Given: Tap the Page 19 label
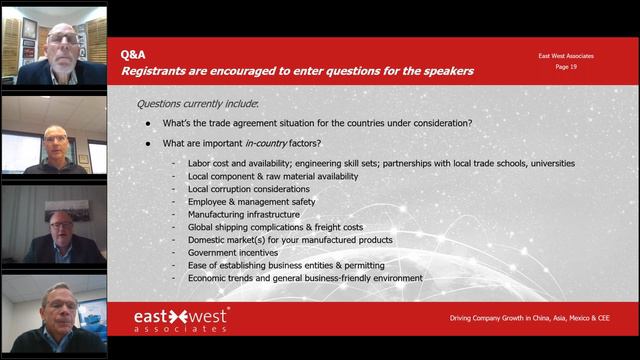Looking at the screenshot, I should [566, 66].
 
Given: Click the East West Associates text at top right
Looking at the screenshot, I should [565, 56].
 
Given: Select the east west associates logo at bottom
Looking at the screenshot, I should [181, 320].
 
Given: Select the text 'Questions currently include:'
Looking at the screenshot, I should [197, 103].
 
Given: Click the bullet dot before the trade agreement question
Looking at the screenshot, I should [148, 123].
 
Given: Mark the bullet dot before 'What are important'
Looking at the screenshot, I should [148, 143].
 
